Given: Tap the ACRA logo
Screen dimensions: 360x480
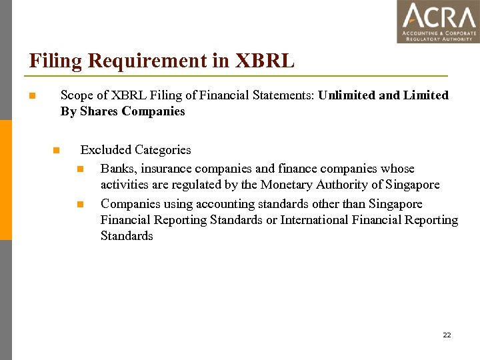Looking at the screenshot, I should coord(438,22).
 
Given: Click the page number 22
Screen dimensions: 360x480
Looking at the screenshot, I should coord(447,335).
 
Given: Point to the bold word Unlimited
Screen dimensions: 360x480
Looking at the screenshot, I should coord(347,95).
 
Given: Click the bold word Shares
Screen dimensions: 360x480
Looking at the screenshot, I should coord(99,111).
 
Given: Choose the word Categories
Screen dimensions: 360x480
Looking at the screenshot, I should coord(163,150).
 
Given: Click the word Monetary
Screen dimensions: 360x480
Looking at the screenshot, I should coord(287,185).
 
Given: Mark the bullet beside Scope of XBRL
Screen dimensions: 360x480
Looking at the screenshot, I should coord(31,96).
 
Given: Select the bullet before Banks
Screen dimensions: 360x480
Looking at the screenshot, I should coord(81,169).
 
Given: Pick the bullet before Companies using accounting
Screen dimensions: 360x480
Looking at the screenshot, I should coord(81,204).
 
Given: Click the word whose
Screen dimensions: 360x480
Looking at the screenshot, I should coord(397,169).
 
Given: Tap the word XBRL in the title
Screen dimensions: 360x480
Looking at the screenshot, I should coord(264,61).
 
